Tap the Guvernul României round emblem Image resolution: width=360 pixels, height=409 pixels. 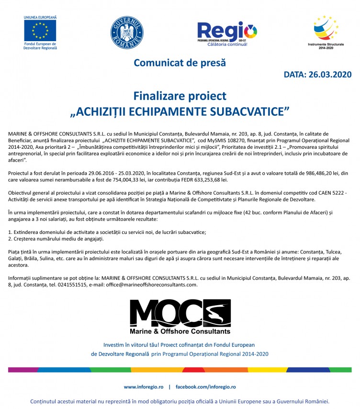point(127,32)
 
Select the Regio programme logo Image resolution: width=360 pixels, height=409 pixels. point(227,33)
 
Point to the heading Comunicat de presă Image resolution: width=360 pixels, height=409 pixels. point(180,63)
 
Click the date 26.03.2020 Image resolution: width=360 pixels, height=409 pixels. point(330,75)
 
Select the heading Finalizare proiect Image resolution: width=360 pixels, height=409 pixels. point(180,96)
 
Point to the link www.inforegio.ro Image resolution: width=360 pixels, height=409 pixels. point(144,387)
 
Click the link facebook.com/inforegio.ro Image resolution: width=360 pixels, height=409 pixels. point(205,387)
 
